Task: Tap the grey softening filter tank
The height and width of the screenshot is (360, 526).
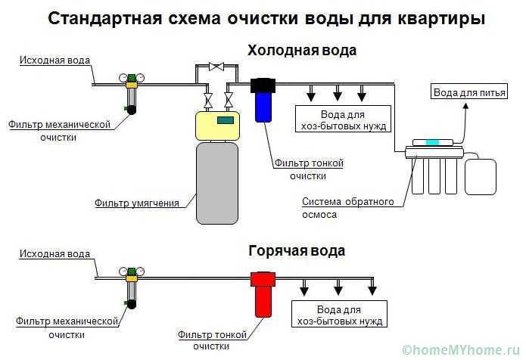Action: [218, 182]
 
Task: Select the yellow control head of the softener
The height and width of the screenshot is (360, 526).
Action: [217, 126]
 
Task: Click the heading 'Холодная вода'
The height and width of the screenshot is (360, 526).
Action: [302, 51]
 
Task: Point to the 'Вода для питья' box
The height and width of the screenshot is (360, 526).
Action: [461, 92]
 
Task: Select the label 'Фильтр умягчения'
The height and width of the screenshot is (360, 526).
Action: [137, 203]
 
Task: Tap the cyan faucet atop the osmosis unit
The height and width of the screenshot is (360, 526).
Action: [431, 142]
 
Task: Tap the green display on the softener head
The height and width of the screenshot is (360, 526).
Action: [226, 119]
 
